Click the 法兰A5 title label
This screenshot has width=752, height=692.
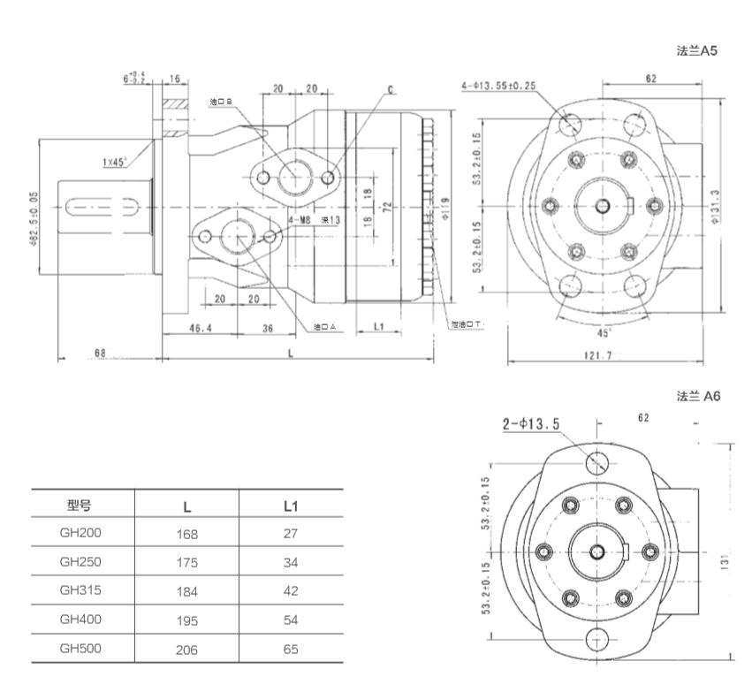pyautogui.click(x=695, y=51)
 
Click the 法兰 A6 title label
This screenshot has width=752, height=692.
pyautogui.click(x=698, y=396)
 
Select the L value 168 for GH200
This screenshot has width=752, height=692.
pyautogui.click(x=187, y=534)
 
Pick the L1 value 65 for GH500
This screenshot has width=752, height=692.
pyautogui.click(x=292, y=649)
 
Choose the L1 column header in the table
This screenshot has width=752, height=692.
pyautogui.click(x=292, y=506)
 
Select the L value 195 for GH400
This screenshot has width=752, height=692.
pyautogui.click(x=187, y=620)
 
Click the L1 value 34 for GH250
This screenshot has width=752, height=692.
pyautogui.click(x=292, y=562)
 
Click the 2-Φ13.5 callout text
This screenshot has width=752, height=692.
pyautogui.click(x=531, y=425)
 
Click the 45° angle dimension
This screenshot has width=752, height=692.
pyautogui.click(x=603, y=333)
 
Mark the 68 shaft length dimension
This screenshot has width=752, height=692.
pyautogui.click(x=99, y=353)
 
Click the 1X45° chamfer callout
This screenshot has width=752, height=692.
pyautogui.click(x=112, y=162)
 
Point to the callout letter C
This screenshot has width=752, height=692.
pyautogui.click(x=390, y=90)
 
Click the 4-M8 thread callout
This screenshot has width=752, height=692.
pyautogui.click(x=299, y=220)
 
